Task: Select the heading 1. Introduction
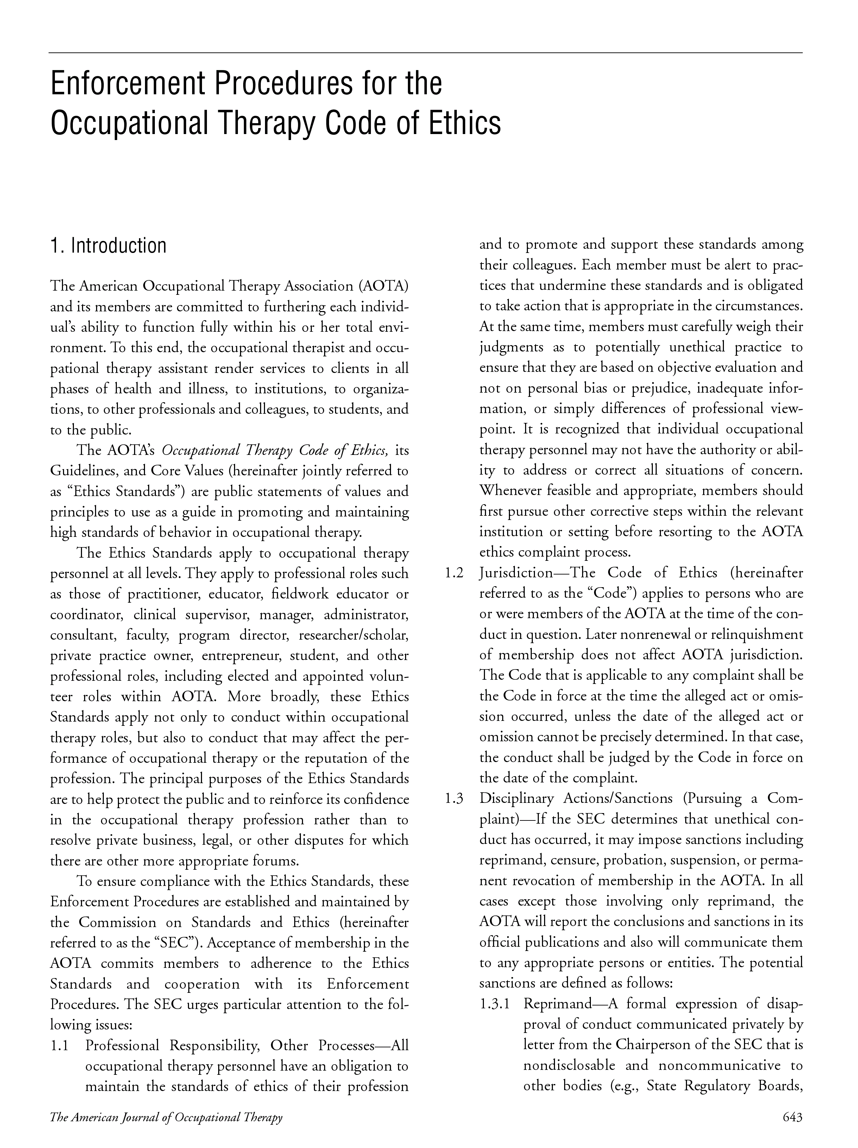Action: (x=108, y=246)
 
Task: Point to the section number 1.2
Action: (x=454, y=573)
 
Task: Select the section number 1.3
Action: (x=454, y=799)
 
